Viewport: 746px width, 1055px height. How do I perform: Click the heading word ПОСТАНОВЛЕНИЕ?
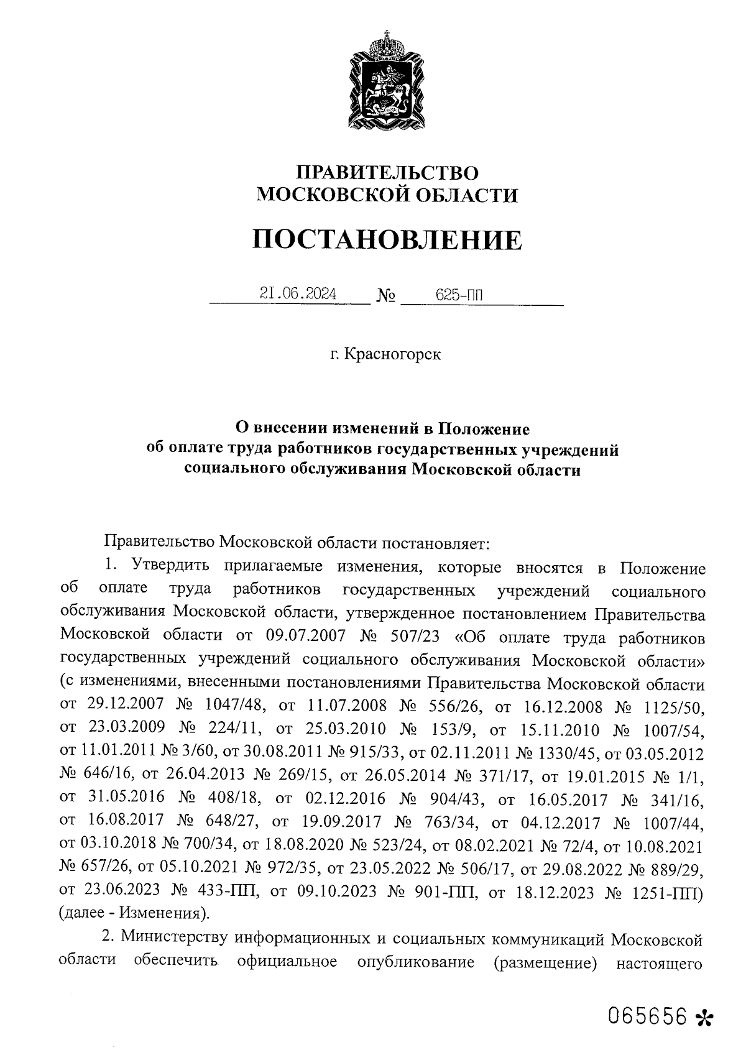(387, 240)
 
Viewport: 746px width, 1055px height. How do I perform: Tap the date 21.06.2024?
(298, 293)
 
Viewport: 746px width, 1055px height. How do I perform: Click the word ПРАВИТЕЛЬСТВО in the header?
(387, 173)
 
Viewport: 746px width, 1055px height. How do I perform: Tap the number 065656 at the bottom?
(648, 1015)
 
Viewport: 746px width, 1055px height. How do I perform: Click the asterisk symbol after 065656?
(704, 1017)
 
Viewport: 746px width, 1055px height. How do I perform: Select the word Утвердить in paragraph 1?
(165, 568)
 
